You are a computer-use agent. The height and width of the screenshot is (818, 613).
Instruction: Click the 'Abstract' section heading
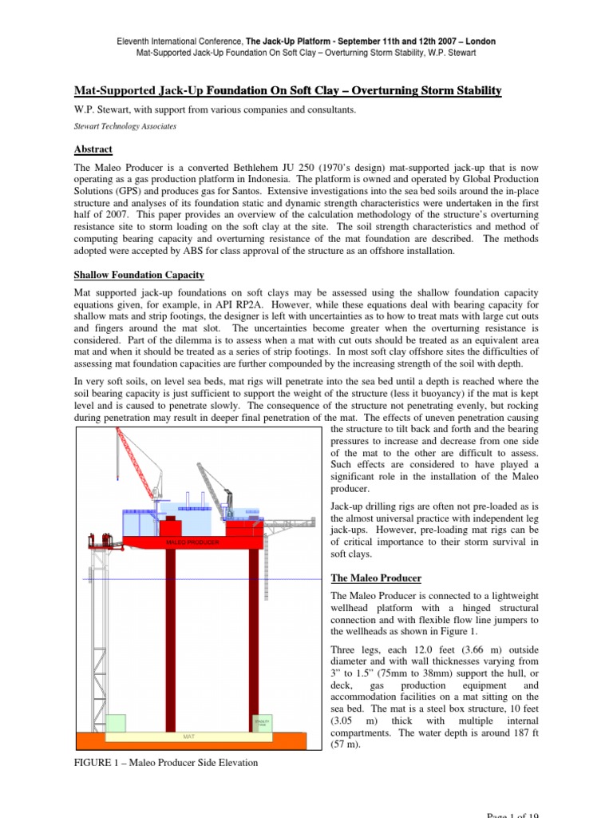click(93, 149)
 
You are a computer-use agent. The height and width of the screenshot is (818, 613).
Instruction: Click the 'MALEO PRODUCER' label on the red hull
click(192, 542)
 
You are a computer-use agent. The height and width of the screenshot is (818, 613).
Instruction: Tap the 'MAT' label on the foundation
click(189, 736)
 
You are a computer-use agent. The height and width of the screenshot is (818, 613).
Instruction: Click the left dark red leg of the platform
click(170, 639)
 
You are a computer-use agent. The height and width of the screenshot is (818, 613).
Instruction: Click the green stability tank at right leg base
click(263, 722)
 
